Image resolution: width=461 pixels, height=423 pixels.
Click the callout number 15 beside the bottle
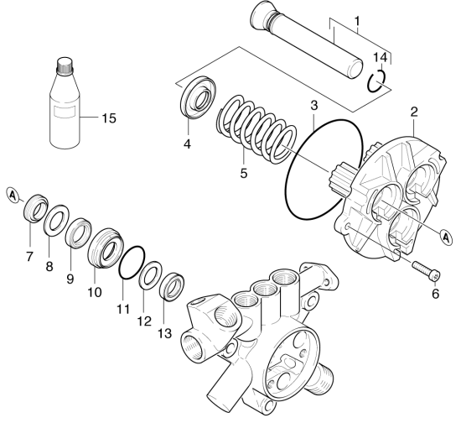tap(109, 118)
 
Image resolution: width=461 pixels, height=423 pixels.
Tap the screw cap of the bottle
tap(64, 65)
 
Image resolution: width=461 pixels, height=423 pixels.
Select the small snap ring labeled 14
tap(376, 81)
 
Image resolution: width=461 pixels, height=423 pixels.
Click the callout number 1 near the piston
tap(358, 21)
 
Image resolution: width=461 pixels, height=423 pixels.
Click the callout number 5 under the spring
tap(244, 173)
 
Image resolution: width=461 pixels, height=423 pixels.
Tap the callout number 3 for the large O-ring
tap(314, 106)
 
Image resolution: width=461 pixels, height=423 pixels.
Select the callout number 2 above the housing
tap(414, 112)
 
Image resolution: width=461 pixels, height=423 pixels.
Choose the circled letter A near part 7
tap(13, 196)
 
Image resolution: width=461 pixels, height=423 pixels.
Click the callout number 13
tap(164, 333)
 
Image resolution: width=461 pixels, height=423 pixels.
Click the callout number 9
tap(70, 278)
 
